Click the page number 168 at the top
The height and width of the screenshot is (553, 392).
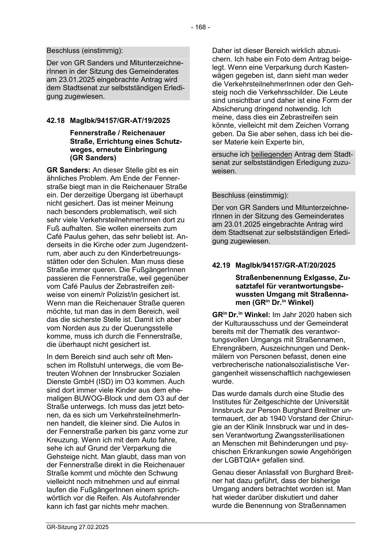[200, 27]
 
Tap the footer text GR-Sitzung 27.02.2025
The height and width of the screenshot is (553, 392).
[77, 527]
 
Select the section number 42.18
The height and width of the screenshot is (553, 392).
[56, 120]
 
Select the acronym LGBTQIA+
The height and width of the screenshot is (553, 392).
[240, 460]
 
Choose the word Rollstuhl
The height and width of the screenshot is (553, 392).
[88, 365]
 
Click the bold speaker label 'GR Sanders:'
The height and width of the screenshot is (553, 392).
[64, 170]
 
